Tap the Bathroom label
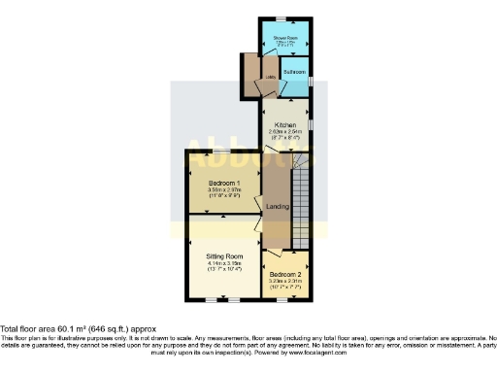click(x=295, y=72)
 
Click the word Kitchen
click(x=284, y=124)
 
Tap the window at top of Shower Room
click(x=280, y=19)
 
